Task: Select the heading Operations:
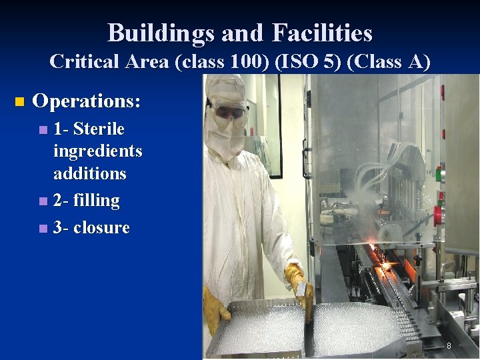point(87,102)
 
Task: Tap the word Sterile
point(99,128)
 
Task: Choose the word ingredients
point(97,151)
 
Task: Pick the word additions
point(89,173)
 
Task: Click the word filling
point(97,200)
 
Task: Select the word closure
point(101,227)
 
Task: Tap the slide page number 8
point(449,346)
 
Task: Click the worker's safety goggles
point(228,113)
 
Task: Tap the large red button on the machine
point(438,215)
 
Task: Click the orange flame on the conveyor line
point(387,267)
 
